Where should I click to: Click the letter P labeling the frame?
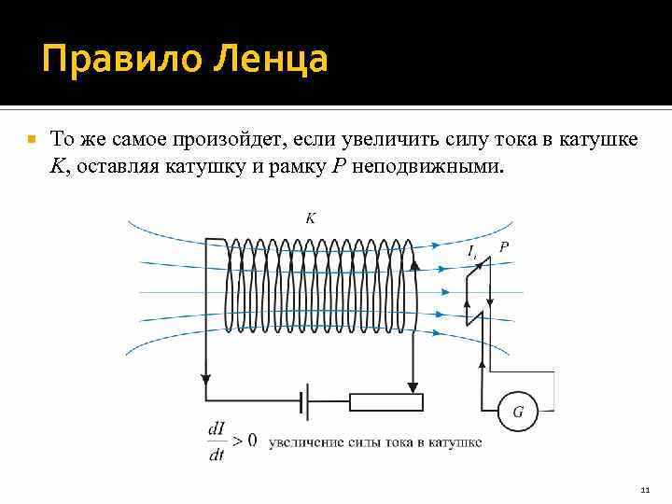coord(504,246)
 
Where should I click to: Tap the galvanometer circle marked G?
coord(517,411)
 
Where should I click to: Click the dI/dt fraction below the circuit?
coord(217,441)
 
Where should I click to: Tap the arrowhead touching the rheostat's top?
coord(410,385)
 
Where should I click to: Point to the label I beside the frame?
coord(472,252)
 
